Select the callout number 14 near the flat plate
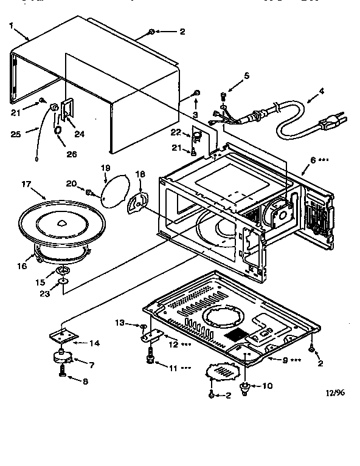94,343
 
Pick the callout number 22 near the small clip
176,133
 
